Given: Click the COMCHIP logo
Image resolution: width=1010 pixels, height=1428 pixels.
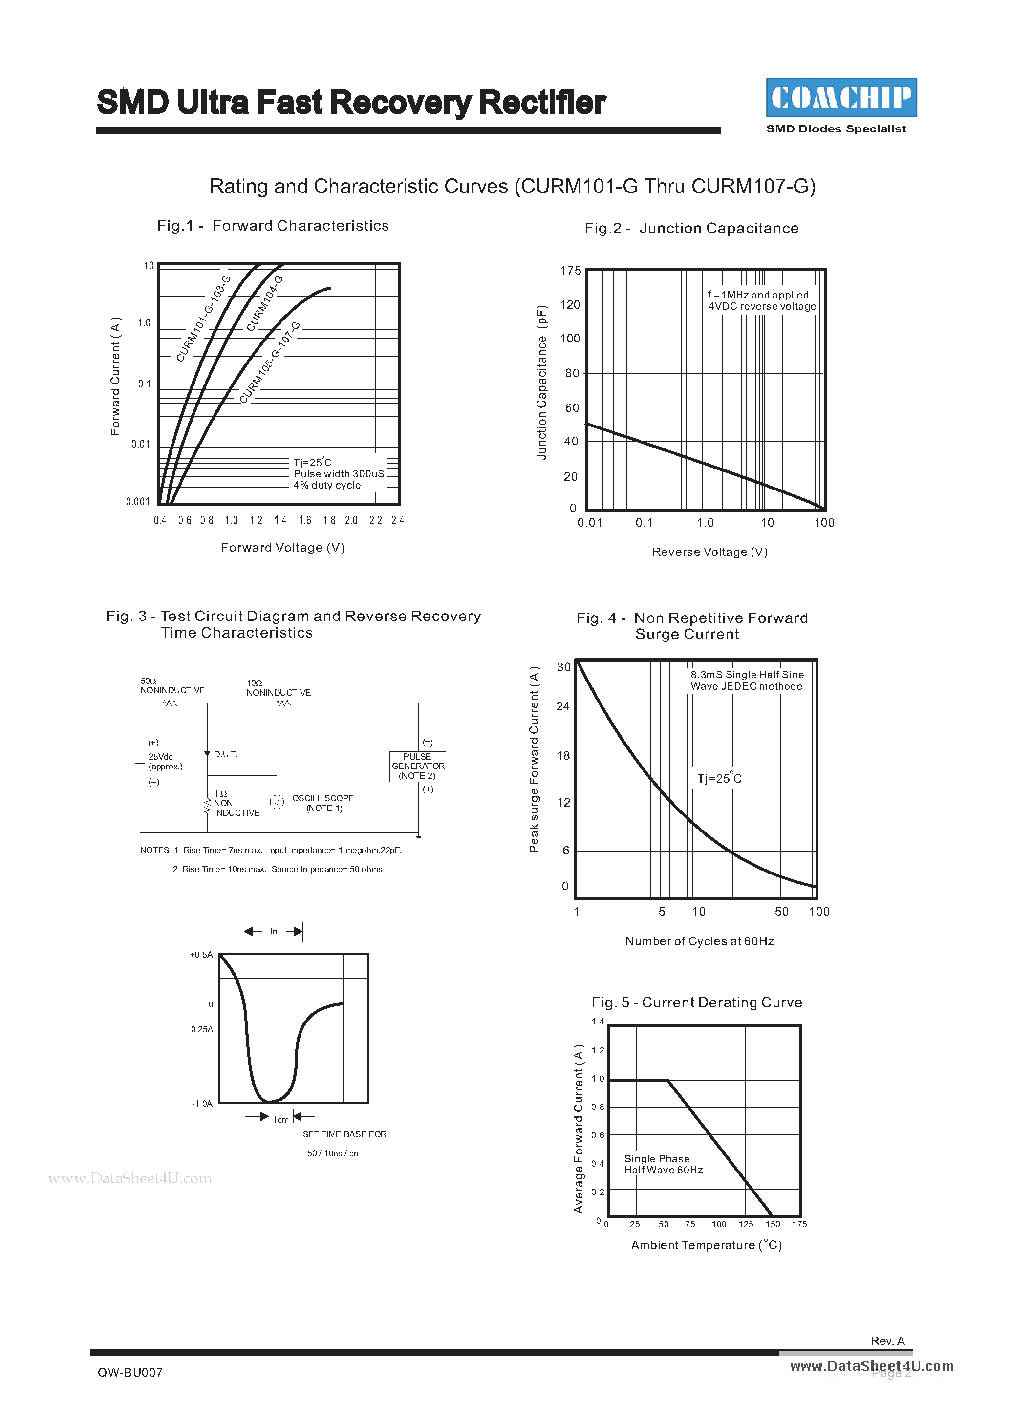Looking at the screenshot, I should point(841,98).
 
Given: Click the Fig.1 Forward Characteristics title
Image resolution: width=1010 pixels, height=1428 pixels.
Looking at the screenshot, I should point(273,226).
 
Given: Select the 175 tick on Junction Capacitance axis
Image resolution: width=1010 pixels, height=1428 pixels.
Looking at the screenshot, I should point(570,271).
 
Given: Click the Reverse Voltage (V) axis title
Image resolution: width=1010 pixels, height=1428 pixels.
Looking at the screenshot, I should point(709,552).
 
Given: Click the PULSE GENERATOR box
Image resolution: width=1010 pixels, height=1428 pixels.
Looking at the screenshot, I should point(417,766).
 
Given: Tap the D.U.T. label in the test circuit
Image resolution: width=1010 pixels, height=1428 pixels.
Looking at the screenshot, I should point(225,754).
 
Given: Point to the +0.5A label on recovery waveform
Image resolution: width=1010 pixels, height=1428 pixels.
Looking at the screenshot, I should point(201,955).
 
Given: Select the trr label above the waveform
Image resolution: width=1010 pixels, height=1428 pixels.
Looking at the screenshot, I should point(274,932).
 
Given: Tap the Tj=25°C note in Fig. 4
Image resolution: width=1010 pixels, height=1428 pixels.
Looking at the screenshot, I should point(719,779).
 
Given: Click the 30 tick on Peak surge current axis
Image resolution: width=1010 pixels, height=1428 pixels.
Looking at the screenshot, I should point(563,667).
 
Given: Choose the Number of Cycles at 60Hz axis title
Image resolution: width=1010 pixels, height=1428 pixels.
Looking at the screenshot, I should point(700,941).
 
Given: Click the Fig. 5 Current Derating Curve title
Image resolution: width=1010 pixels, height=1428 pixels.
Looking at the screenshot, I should point(697,1002).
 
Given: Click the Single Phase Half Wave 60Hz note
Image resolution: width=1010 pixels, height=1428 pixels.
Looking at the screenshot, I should point(664,1164).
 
